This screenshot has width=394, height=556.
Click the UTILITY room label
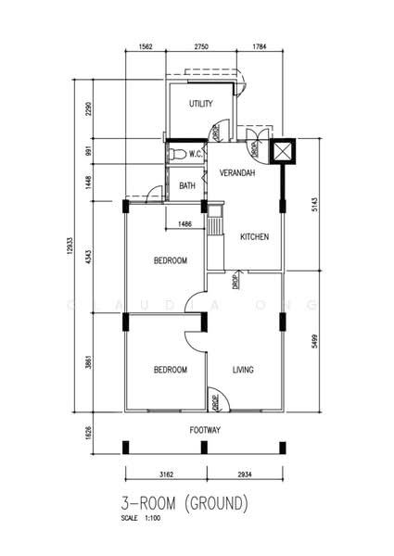(x=201, y=104)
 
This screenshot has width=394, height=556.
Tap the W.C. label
(x=196, y=154)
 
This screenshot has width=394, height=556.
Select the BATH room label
(x=187, y=185)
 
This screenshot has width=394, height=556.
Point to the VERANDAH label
(x=237, y=173)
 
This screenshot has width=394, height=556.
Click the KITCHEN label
(x=255, y=236)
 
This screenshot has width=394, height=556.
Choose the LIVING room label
(x=243, y=370)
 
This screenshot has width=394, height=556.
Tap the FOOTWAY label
(x=205, y=430)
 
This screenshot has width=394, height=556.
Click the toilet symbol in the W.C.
(x=178, y=154)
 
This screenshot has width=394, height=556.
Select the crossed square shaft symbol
(x=283, y=151)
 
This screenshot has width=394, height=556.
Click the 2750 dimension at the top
(x=201, y=46)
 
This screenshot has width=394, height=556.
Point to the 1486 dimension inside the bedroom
(x=184, y=223)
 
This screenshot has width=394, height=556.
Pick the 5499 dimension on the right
(x=315, y=341)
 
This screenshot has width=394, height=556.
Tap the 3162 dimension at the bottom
(x=166, y=474)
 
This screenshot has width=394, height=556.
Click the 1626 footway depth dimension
(x=89, y=433)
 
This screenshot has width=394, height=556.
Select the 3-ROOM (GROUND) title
(x=184, y=503)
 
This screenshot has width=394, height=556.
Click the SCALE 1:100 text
(x=141, y=518)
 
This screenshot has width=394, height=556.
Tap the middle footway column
(x=204, y=448)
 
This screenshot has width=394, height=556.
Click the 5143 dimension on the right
(x=315, y=205)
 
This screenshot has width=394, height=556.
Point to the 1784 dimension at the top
(x=260, y=46)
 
